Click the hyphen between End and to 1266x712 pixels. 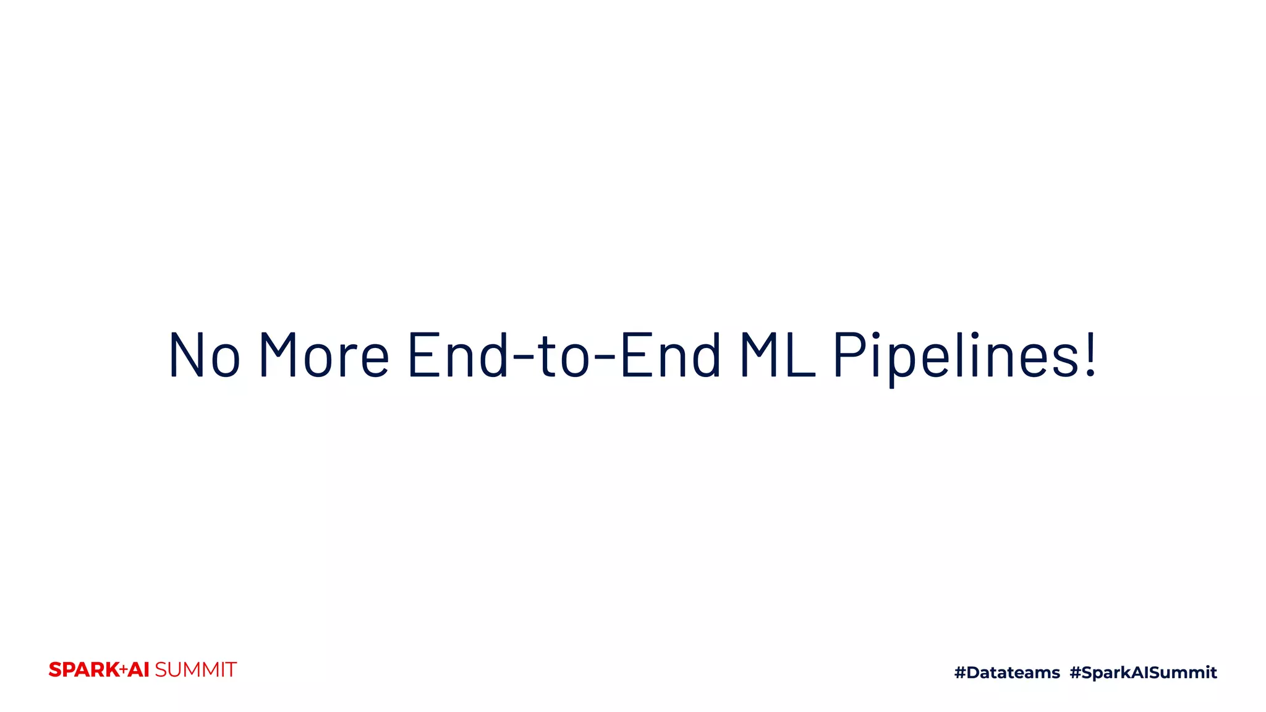click(523, 357)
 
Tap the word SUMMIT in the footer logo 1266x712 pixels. click(195, 670)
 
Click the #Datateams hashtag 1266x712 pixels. click(1007, 672)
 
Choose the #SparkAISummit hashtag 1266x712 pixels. click(1143, 672)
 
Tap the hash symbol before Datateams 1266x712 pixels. click(960, 672)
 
